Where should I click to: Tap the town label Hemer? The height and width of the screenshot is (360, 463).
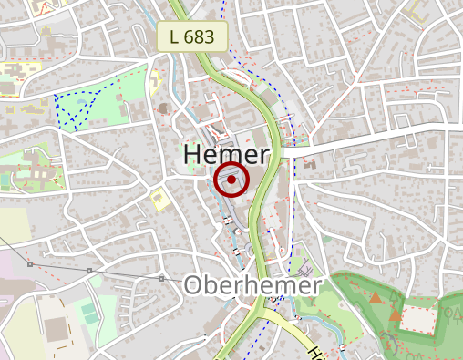pyautogui.click(x=227, y=155)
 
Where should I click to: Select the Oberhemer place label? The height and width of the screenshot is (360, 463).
pyautogui.click(x=252, y=285)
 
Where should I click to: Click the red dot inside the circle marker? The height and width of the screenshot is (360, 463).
pyautogui.click(x=232, y=180)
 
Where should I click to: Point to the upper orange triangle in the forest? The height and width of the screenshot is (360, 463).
pyautogui.click(x=376, y=298)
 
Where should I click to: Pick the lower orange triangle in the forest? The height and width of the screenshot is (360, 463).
pyautogui.click(x=396, y=314)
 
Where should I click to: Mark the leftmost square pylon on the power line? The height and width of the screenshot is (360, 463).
pyautogui.click(x=30, y=264)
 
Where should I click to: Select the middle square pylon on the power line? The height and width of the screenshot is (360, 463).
pyautogui.click(x=88, y=271)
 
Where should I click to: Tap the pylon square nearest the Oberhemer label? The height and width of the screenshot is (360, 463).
pyautogui.click(x=161, y=278)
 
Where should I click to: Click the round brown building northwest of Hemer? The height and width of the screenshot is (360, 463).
pyautogui.click(x=164, y=108)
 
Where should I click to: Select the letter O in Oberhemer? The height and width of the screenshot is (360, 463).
pyautogui.click(x=194, y=285)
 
